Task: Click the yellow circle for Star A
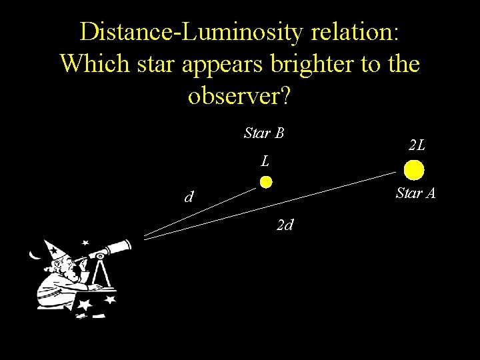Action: click(414, 171)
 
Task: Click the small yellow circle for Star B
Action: click(266, 181)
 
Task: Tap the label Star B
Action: click(264, 133)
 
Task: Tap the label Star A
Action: click(415, 193)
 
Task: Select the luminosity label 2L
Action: click(417, 145)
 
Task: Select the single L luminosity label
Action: click(265, 161)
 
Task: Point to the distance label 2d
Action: click(285, 225)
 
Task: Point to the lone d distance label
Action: click(190, 197)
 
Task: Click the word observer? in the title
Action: click(239, 96)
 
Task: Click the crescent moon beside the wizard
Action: click(34, 253)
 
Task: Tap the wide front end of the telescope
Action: click(124, 246)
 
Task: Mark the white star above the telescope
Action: click(85, 243)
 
